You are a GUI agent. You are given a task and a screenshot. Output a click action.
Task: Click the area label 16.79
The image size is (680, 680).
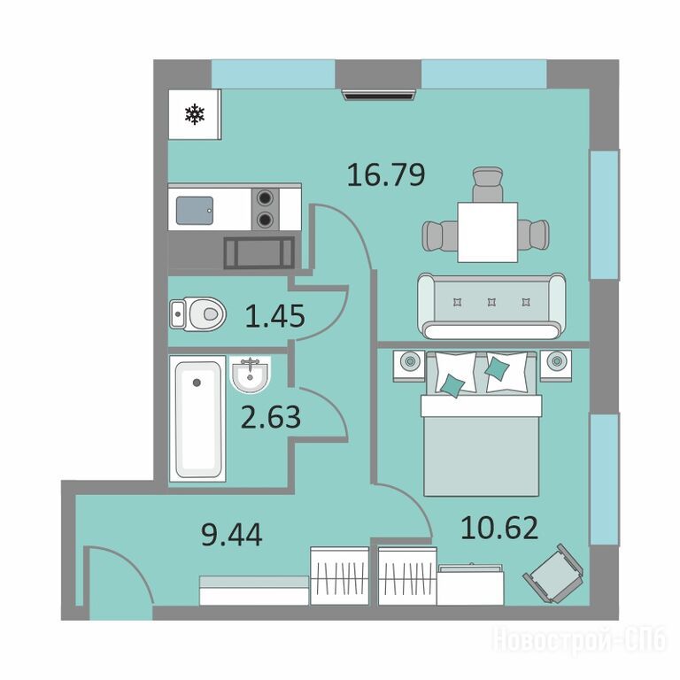point(386,174)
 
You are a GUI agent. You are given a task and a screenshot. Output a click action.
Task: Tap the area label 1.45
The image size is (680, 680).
point(275,316)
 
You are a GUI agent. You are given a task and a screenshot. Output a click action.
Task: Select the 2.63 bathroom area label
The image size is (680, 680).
point(271,417)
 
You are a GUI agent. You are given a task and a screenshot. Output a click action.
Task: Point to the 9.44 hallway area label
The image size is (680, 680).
point(232,535)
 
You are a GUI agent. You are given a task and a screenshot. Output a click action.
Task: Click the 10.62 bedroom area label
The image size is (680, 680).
point(499,528)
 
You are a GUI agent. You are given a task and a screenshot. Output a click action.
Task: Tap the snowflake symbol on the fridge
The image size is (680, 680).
point(195,114)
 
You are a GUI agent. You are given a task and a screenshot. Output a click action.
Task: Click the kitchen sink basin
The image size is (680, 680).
point(195,211)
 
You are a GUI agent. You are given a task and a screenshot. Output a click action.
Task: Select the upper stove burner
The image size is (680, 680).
point(265,198)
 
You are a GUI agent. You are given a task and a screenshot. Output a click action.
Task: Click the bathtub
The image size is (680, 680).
point(197,419)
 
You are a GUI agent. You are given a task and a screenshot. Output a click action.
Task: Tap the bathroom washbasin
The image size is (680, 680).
point(251,375)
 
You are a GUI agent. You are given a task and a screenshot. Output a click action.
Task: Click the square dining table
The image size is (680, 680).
point(488,232)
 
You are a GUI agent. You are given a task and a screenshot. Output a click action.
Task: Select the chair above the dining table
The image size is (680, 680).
point(488,184)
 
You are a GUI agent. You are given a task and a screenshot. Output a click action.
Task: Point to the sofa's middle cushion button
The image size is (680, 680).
point(491,301)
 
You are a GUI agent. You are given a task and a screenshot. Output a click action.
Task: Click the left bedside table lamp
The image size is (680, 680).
point(409,361)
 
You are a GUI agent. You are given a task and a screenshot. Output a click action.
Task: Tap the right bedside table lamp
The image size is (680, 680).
point(556,361)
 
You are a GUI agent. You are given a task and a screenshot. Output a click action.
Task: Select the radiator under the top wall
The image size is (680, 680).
point(379,95)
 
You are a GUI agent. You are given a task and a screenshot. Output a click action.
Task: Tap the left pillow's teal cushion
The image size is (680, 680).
point(452,385)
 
